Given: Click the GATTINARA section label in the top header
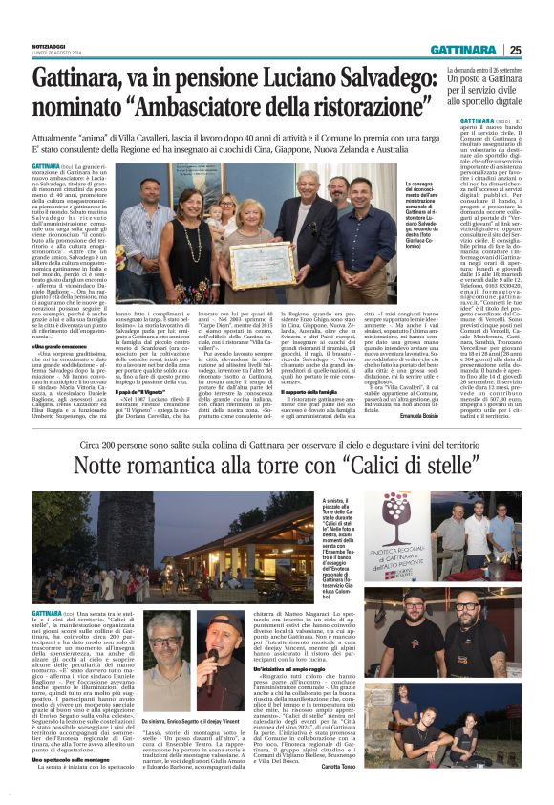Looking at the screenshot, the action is click(x=462, y=50).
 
